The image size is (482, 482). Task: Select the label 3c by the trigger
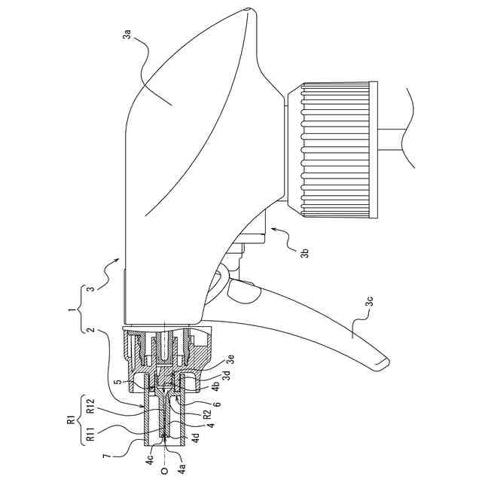(369, 301)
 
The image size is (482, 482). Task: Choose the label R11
(90, 435)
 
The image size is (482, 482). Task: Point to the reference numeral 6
(216, 404)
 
